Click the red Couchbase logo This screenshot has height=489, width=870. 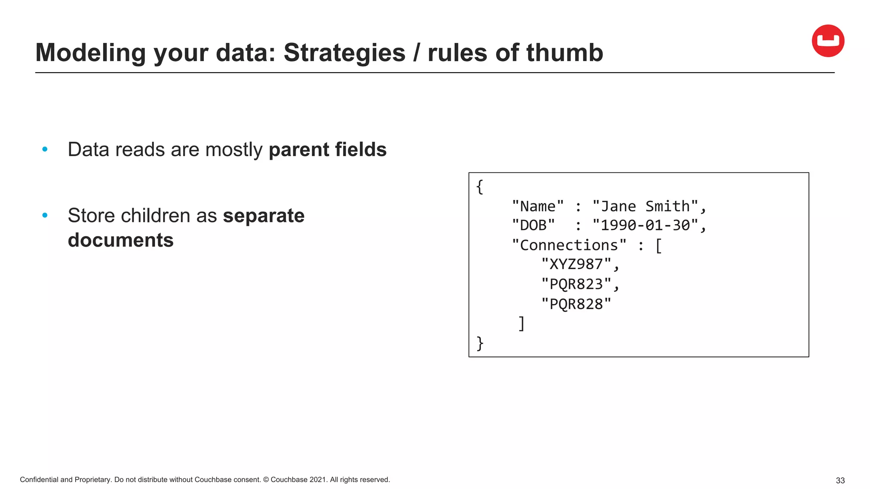tap(828, 41)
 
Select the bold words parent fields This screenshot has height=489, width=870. tap(328, 149)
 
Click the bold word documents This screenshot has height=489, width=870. tap(121, 240)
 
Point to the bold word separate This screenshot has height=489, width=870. tap(263, 216)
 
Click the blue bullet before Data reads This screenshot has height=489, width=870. tap(45, 149)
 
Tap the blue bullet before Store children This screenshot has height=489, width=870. tap(45, 216)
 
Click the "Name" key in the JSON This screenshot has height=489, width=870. tap(538, 206)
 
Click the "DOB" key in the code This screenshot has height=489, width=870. tap(533, 225)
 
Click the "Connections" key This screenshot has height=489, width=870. tap(569, 245)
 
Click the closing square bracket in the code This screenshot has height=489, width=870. tap(522, 323)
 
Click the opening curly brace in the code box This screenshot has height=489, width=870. tap(480, 187)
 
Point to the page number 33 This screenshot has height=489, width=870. tap(840, 481)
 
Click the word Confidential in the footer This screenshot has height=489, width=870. tap(39, 480)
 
